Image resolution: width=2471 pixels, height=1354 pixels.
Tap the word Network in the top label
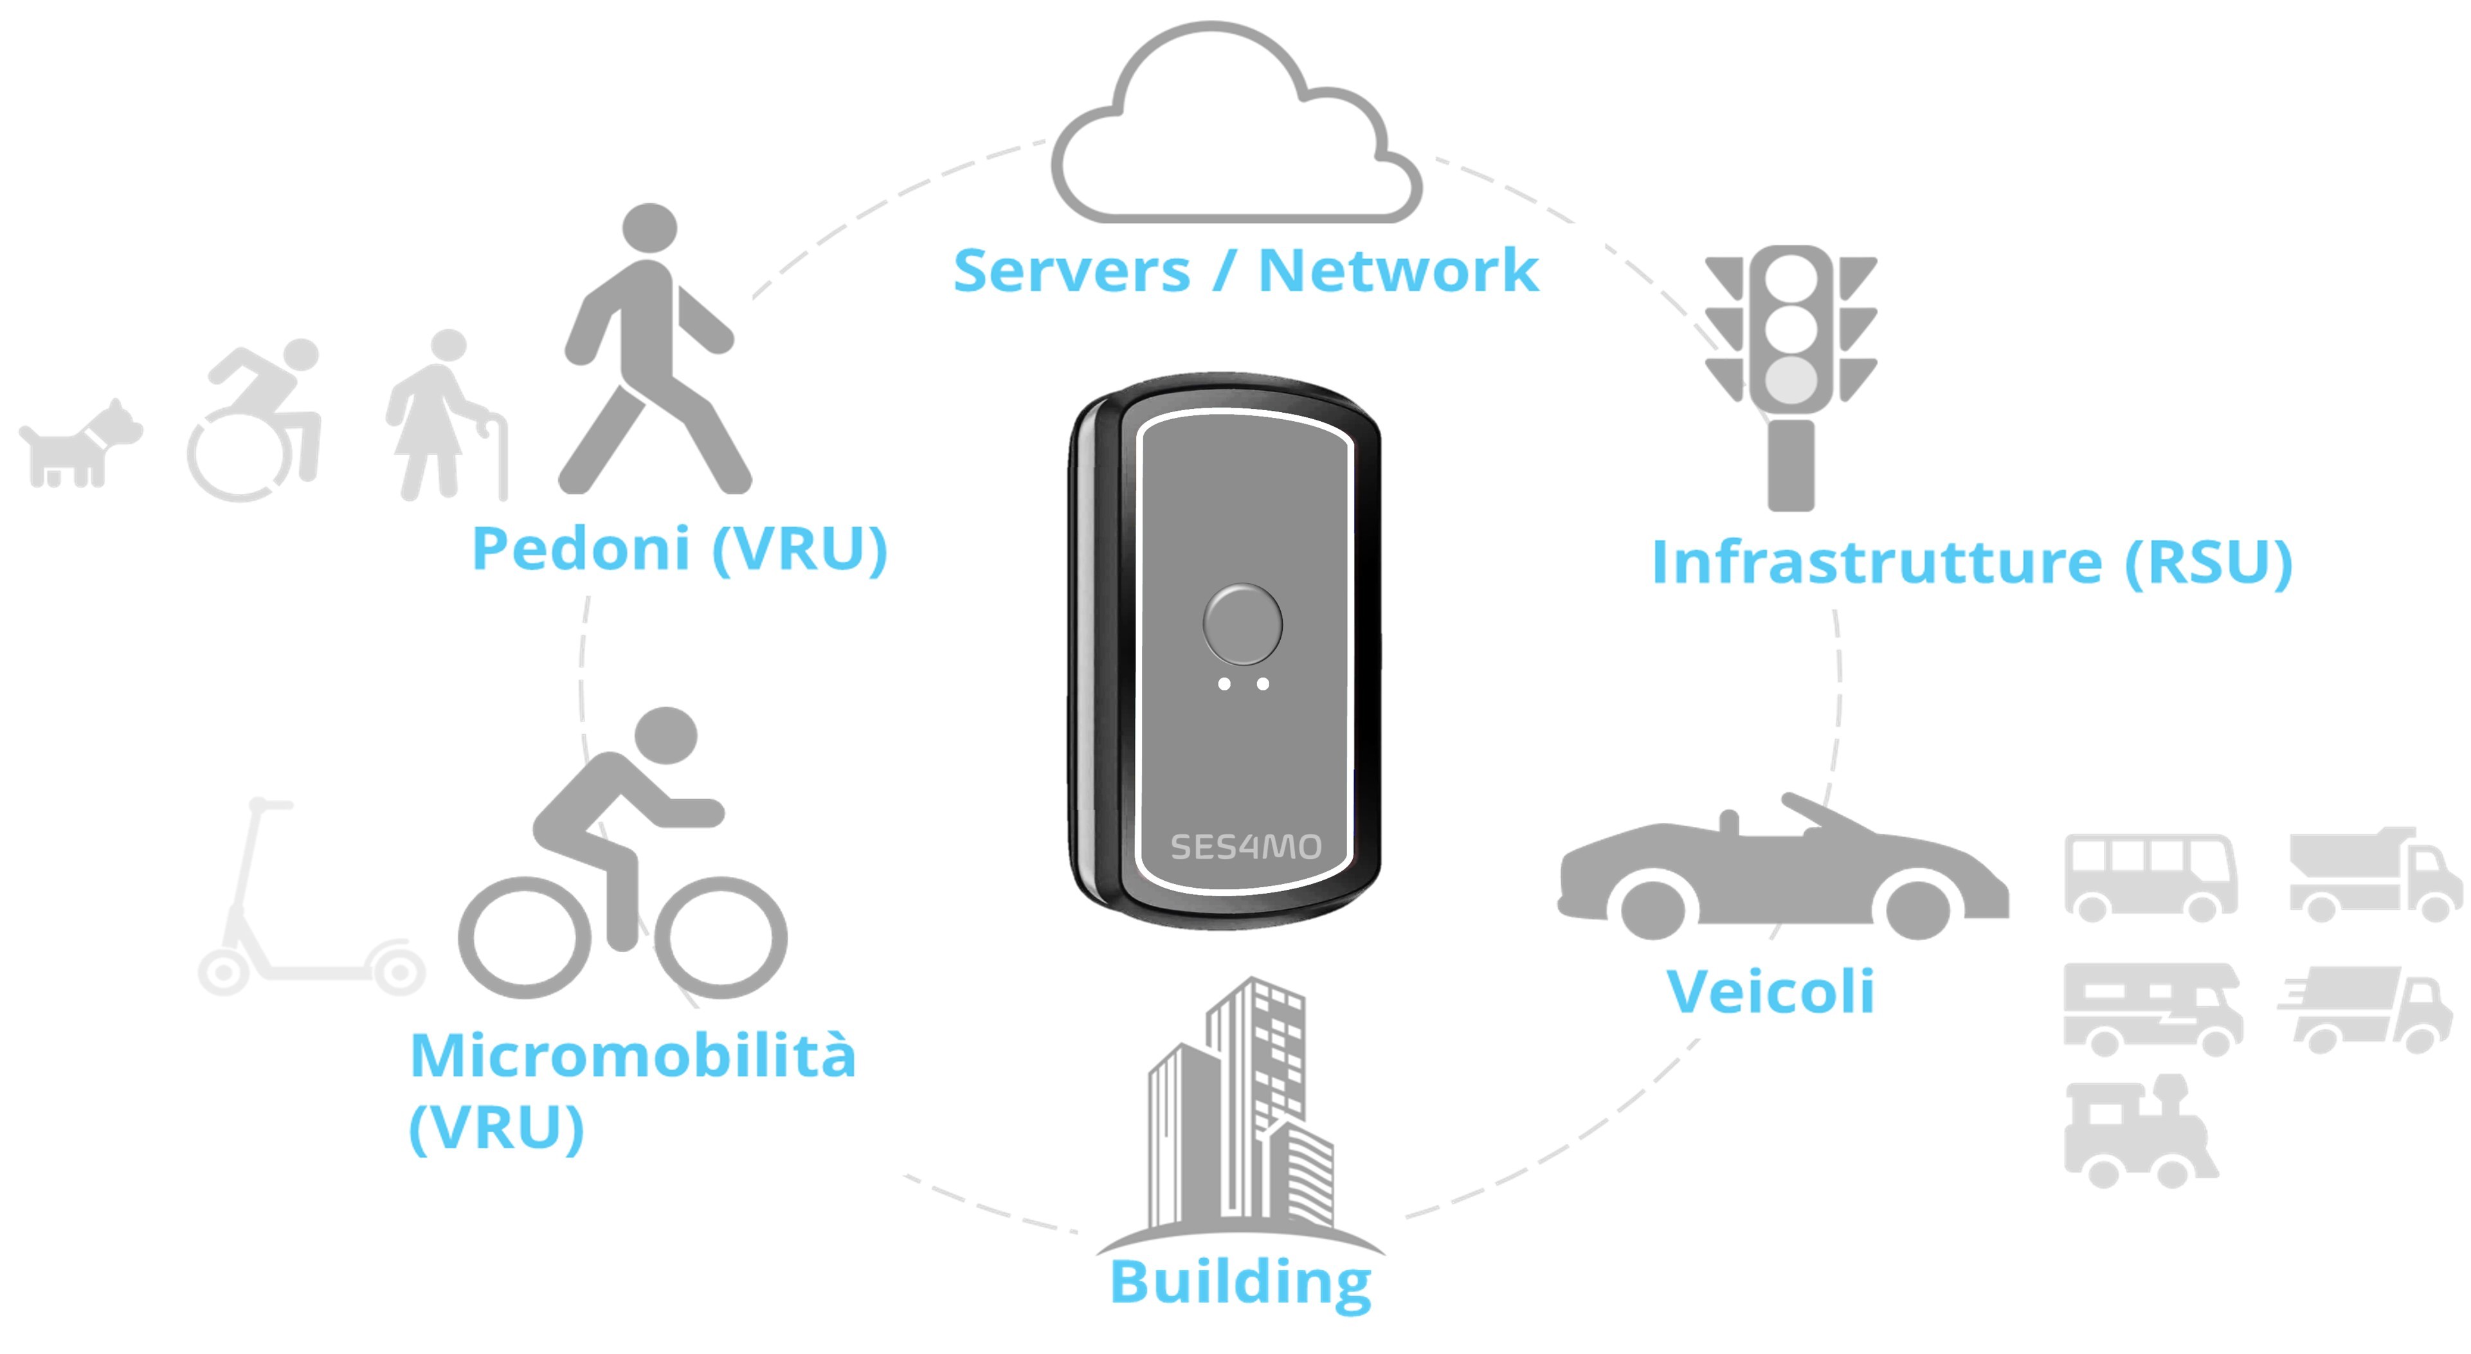coord(1398,271)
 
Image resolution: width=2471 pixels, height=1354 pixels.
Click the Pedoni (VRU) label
coord(679,550)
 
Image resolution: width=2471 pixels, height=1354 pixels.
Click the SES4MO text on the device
coord(1245,847)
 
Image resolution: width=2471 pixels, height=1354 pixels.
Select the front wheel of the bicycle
coord(726,939)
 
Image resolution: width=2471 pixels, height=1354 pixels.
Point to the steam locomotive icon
coord(2139,1132)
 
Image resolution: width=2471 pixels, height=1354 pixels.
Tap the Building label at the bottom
coord(1240,1282)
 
